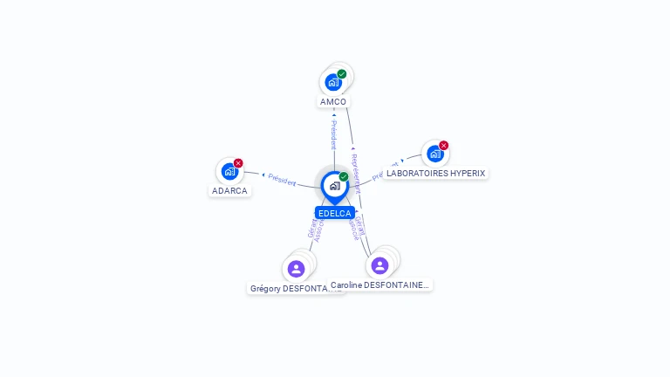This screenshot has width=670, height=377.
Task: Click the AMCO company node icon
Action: click(x=332, y=82)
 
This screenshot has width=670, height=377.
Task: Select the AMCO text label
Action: click(x=333, y=101)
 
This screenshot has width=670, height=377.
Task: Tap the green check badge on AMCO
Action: click(x=342, y=74)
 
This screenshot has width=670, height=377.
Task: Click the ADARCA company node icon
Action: click(x=229, y=171)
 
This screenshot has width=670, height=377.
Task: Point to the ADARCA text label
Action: click(x=229, y=190)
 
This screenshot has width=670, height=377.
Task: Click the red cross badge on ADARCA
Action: click(x=238, y=163)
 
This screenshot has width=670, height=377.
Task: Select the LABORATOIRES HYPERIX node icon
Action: click(x=434, y=154)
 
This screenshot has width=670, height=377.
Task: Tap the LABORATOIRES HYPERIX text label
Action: click(x=435, y=173)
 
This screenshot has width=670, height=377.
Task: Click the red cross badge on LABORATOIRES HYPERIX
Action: click(x=443, y=146)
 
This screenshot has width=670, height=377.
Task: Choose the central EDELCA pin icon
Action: click(x=334, y=186)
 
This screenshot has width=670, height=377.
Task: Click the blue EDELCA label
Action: click(x=335, y=213)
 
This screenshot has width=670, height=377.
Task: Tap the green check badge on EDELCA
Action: click(x=344, y=177)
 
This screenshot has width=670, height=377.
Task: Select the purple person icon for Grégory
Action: click(x=296, y=268)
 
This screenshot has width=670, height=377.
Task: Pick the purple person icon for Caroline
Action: click(x=379, y=265)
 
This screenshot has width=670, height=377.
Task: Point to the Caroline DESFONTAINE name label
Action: click(x=379, y=284)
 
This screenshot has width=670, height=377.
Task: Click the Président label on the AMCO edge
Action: click(x=333, y=134)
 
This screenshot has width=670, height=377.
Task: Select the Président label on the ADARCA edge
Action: click(x=282, y=179)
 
